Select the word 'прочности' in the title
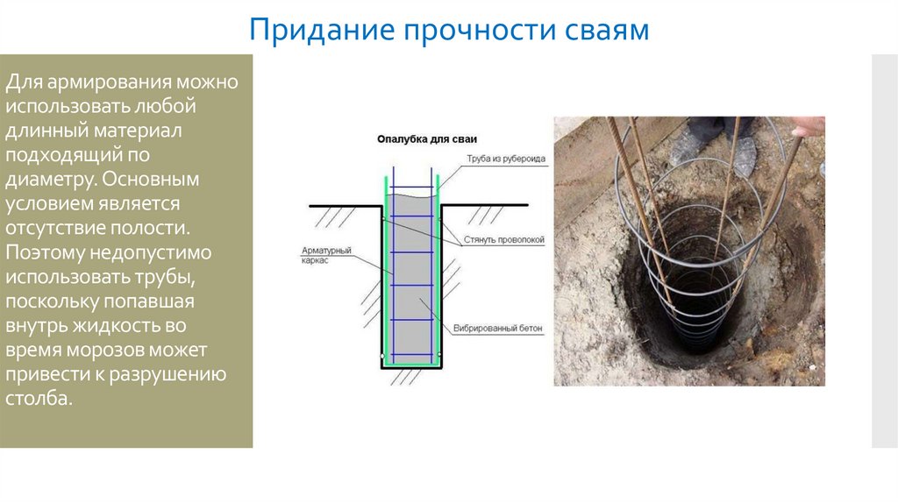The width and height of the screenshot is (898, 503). (470, 31)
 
